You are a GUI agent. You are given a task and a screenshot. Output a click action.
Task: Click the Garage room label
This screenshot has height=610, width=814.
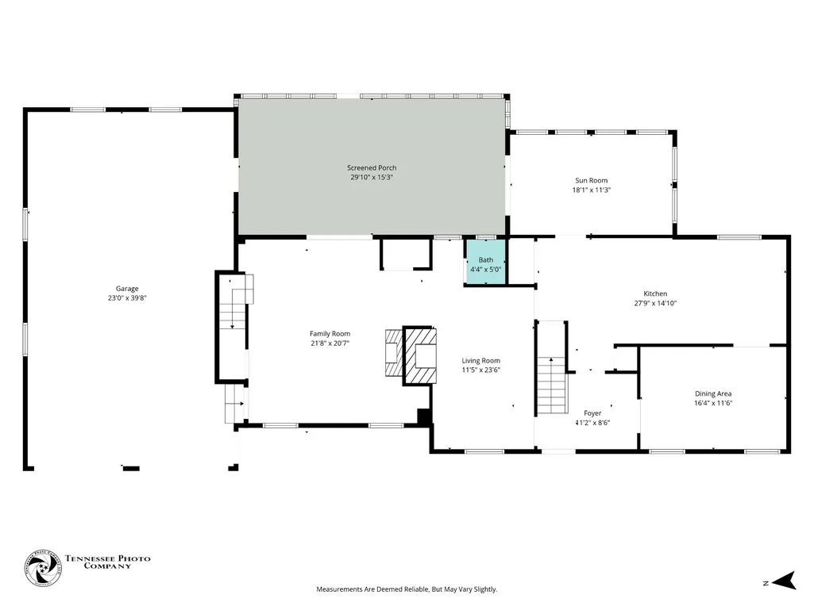coord(127,289)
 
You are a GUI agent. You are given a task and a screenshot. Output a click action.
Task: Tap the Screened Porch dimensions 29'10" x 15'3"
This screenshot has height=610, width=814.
coord(372,178)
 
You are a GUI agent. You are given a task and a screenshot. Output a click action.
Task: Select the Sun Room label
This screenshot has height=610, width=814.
coord(592,181)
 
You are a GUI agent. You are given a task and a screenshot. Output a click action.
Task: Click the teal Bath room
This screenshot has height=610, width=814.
coord(485,262)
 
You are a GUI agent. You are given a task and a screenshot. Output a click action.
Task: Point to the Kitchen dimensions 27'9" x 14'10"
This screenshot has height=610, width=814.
coord(655,304)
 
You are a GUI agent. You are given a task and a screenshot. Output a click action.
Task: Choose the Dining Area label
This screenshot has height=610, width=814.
coord(713,393)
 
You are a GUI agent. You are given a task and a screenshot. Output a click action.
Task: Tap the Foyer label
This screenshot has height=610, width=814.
coord(592,413)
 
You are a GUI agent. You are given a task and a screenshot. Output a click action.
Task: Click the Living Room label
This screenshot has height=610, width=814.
coord(481,360)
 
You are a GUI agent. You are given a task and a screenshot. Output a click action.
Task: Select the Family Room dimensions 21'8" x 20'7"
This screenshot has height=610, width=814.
coord(330,343)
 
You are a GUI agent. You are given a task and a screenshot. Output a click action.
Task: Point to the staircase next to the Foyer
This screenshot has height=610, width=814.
coord(551,385)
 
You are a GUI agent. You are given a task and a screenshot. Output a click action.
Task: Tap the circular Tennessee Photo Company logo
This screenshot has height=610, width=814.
coord(43,568)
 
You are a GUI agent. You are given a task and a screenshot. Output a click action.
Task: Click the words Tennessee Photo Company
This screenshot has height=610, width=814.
coord(107,562)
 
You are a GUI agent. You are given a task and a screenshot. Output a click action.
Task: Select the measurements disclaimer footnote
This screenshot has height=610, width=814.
coord(407,589)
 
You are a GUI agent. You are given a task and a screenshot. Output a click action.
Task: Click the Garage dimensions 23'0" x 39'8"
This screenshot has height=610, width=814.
coord(127,298)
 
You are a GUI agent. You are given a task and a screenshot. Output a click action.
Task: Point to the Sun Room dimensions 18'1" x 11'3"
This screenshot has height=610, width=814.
coord(592,190)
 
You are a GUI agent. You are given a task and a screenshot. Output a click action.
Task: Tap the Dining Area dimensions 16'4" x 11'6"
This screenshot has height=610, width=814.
coord(713,403)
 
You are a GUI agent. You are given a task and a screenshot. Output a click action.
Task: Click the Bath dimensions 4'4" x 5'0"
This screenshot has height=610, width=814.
coord(485,269)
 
